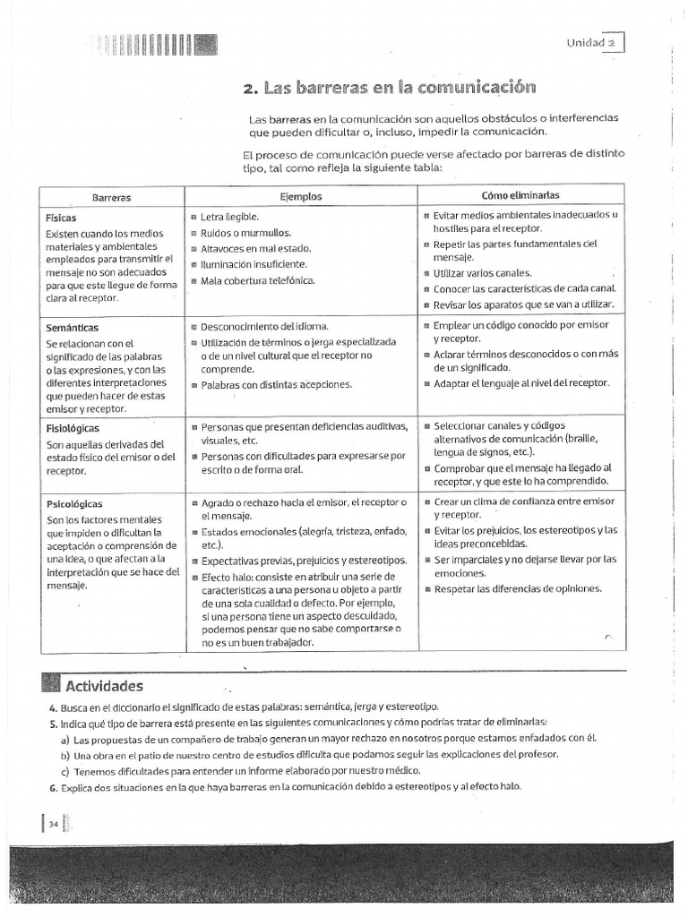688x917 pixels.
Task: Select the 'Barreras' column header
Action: pyautogui.click(x=111, y=195)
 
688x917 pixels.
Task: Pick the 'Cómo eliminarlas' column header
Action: pyautogui.click(x=522, y=194)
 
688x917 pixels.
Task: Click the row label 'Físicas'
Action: pyautogui.click(x=61, y=218)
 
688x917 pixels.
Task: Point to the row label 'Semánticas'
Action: pyautogui.click(x=72, y=328)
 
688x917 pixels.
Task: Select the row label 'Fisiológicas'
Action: pyautogui.click(x=73, y=428)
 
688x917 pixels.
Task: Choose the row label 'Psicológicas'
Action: pyautogui.click(x=73, y=504)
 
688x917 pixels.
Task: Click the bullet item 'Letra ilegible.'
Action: pyautogui.click(x=229, y=217)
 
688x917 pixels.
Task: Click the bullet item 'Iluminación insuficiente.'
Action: pyautogui.click(x=254, y=264)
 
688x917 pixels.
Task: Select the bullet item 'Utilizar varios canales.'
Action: pyautogui.click(x=482, y=273)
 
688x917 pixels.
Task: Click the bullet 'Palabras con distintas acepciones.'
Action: pyautogui.click(x=277, y=385)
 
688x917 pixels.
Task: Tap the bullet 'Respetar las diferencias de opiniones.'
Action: pyautogui.click(x=518, y=589)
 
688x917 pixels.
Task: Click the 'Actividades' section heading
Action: pyautogui.click(x=103, y=687)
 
